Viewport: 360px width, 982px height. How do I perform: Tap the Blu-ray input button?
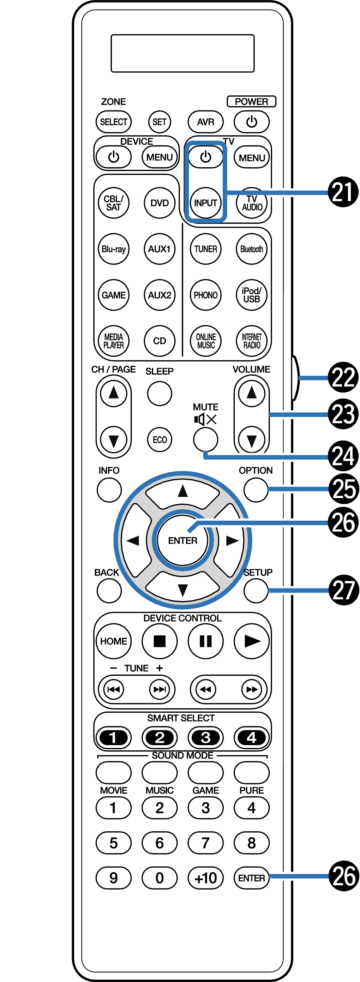114,249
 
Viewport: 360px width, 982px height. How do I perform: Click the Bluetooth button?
252,249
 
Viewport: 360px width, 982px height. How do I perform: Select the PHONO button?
205,295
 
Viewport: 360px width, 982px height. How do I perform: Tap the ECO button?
160,439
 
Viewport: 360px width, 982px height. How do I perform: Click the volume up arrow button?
252,393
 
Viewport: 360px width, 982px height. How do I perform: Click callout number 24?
343,456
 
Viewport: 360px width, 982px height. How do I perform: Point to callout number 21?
343,192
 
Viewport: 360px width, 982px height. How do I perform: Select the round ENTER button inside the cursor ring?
183,540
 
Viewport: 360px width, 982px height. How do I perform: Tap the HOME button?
114,641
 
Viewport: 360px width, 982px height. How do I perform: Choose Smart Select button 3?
205,738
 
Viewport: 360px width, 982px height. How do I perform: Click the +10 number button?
205,878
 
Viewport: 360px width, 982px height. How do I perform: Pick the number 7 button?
205,843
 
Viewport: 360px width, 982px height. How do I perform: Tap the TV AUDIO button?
252,203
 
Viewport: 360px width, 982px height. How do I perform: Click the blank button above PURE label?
252,772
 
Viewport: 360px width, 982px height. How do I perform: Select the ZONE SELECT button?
114,122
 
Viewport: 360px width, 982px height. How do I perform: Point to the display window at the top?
183,53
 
